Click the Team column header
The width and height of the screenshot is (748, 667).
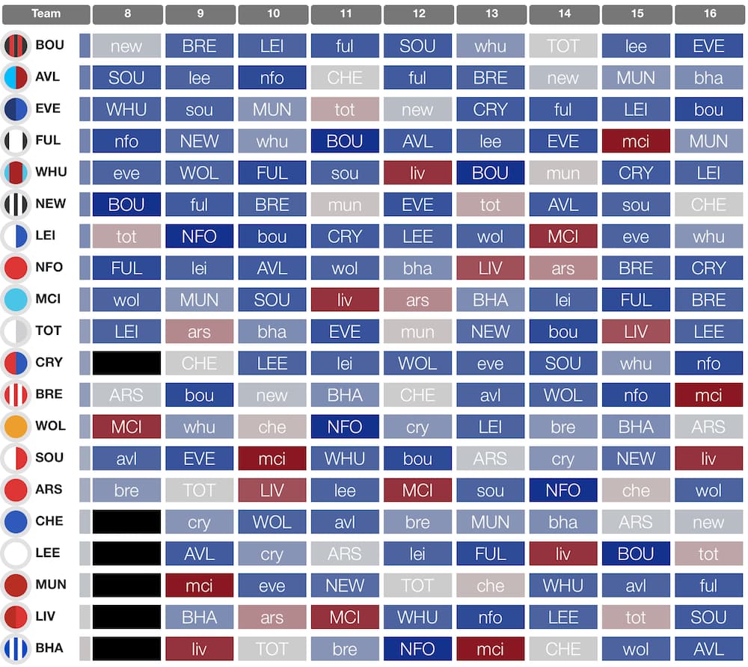[46, 14]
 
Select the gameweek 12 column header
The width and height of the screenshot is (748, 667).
[417, 14]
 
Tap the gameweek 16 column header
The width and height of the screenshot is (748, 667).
[708, 14]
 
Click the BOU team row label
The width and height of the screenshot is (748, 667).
[49, 45]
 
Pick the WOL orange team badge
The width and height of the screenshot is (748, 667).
[16, 426]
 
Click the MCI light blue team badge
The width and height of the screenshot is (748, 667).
[16, 299]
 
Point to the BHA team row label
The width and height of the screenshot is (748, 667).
[49, 648]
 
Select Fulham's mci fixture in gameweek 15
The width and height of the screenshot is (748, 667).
[636, 141]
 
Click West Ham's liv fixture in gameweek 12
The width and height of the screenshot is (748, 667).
[417, 173]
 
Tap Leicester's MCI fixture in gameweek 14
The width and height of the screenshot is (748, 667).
[562, 236]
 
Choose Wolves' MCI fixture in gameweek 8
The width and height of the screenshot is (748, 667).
[126, 427]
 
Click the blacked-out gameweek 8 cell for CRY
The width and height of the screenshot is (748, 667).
[126, 363]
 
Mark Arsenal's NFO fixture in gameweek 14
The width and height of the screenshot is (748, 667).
[562, 491]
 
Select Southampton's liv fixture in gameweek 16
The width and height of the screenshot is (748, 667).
[708, 458]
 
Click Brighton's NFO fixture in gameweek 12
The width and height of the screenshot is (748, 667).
[417, 649]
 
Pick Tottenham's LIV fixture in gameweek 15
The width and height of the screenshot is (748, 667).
[636, 331]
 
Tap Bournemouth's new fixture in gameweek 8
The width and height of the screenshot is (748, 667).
[126, 46]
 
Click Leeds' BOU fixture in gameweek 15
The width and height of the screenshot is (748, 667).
[636, 554]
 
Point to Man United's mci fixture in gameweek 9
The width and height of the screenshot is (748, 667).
[199, 585]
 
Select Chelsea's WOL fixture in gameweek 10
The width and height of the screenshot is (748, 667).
[272, 522]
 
